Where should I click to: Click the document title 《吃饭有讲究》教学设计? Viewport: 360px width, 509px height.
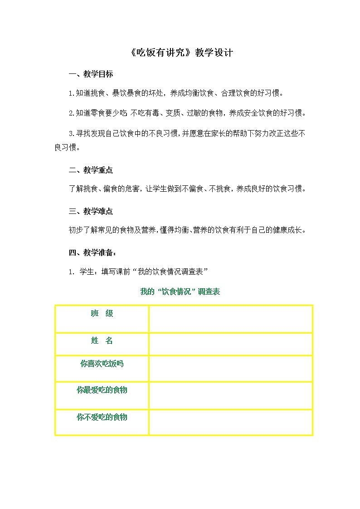click(x=180, y=53)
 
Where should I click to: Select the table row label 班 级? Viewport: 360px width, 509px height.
click(x=102, y=314)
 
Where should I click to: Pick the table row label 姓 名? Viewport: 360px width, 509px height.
click(x=102, y=341)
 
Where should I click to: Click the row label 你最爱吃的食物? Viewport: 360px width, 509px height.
click(x=102, y=390)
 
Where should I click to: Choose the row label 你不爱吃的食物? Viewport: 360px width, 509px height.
click(x=102, y=417)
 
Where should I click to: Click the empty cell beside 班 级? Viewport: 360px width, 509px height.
click(x=230, y=319)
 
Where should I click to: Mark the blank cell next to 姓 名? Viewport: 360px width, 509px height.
click(x=230, y=344)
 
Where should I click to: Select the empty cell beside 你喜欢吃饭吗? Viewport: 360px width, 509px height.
click(x=230, y=368)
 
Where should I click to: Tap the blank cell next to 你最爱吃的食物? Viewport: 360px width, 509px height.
click(x=230, y=395)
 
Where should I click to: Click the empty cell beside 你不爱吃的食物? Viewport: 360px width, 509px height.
click(x=230, y=422)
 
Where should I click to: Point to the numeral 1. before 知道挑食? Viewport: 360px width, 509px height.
click(x=71, y=93)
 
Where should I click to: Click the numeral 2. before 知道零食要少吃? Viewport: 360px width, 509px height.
click(x=71, y=113)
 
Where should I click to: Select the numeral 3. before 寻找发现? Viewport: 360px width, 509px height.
click(x=71, y=133)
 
